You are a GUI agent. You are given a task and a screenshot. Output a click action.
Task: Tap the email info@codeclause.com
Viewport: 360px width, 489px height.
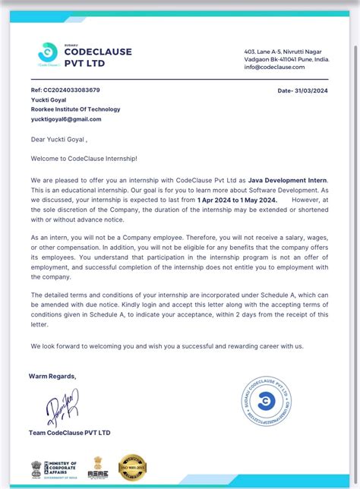[x=274, y=67]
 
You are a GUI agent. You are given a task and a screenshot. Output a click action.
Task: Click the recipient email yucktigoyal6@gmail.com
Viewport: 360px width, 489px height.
[x=66, y=119]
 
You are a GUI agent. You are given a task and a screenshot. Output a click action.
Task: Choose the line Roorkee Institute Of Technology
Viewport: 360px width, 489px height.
[x=74, y=109]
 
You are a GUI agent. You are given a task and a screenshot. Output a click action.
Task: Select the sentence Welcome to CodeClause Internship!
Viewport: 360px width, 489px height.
[x=84, y=158]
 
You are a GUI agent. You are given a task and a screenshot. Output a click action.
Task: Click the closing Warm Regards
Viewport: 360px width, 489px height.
[x=52, y=376]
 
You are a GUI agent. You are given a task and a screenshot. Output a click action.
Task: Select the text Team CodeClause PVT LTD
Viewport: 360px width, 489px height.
[x=69, y=433]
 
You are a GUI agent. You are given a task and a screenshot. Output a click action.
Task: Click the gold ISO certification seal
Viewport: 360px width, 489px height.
[x=133, y=468]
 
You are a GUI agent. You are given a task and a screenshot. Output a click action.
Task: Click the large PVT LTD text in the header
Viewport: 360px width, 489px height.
[x=85, y=63]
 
